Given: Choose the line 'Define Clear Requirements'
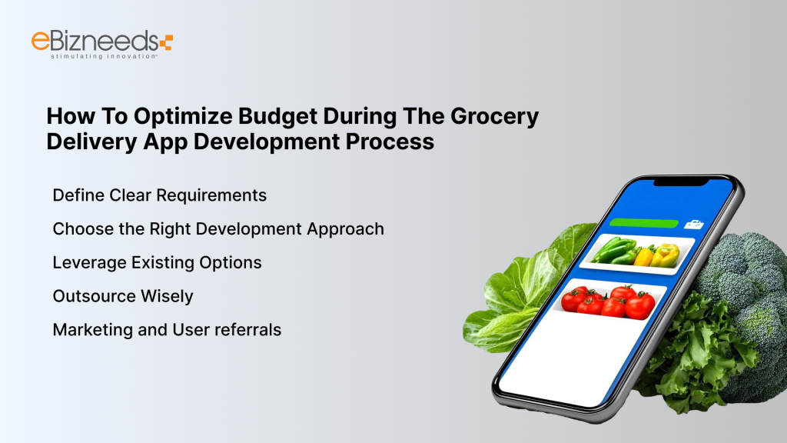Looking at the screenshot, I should coord(159,195).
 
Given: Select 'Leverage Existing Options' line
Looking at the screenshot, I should coord(157,262).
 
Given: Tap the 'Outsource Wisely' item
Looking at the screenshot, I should coord(123,296).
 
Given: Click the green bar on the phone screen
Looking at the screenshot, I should coord(643,224).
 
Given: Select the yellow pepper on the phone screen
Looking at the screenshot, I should coord(666,254).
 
